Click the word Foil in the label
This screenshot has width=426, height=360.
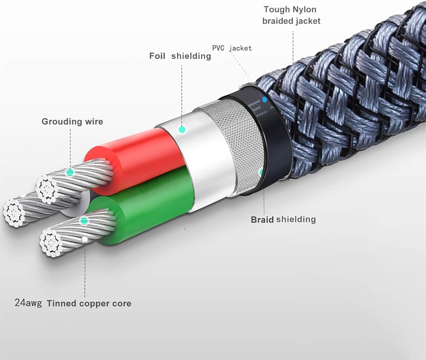pos(158,56)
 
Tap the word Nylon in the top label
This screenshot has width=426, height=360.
pos(303,9)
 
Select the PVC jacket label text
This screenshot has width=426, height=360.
pos(232,48)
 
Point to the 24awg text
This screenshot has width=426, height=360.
pos(28,303)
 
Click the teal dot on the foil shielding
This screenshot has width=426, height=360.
pos(183,129)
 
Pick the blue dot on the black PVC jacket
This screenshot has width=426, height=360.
pos(265,100)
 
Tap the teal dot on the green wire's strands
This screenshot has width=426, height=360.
pos(84,221)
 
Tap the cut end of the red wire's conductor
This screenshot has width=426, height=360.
pos(47,187)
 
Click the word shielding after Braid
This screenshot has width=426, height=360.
pos(296,220)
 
